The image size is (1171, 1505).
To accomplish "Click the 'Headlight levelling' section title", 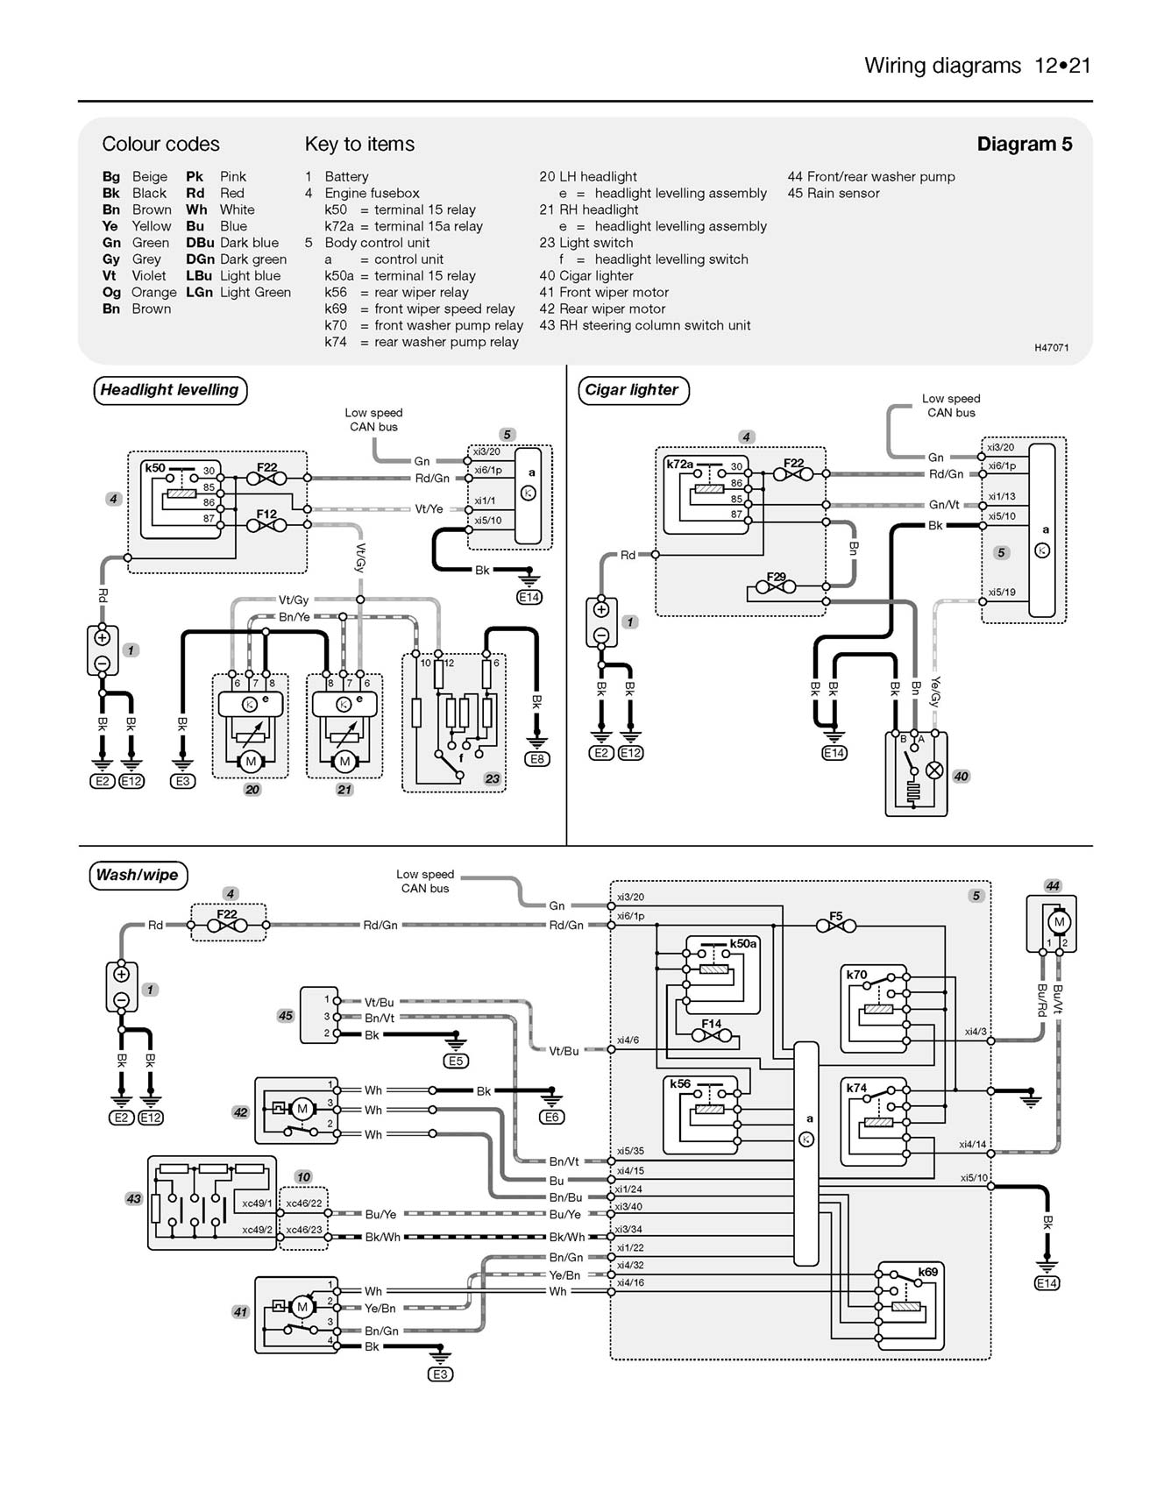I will tap(170, 390).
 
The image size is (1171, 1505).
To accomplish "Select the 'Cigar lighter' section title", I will tap(632, 390).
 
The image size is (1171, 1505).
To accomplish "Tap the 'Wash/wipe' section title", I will tap(138, 875).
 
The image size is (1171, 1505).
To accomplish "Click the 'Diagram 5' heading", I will tap(1024, 144).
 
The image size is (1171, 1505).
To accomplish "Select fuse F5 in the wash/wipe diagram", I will tap(835, 925).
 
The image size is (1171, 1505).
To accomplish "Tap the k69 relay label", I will tap(927, 1272).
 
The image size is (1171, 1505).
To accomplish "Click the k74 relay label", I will tap(856, 1088).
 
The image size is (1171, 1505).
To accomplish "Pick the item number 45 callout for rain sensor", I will tap(285, 1016).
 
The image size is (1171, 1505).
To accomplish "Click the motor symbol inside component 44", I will tap(1059, 922).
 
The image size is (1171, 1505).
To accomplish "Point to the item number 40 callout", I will tap(961, 777).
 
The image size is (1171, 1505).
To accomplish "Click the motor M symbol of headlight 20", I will tap(251, 762).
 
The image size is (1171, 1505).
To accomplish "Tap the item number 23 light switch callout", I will tap(492, 778).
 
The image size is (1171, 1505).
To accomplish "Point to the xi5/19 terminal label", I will tap(1001, 593).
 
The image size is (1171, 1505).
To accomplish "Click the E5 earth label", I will tap(456, 1061).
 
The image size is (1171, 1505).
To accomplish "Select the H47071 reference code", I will tap(1051, 348).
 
